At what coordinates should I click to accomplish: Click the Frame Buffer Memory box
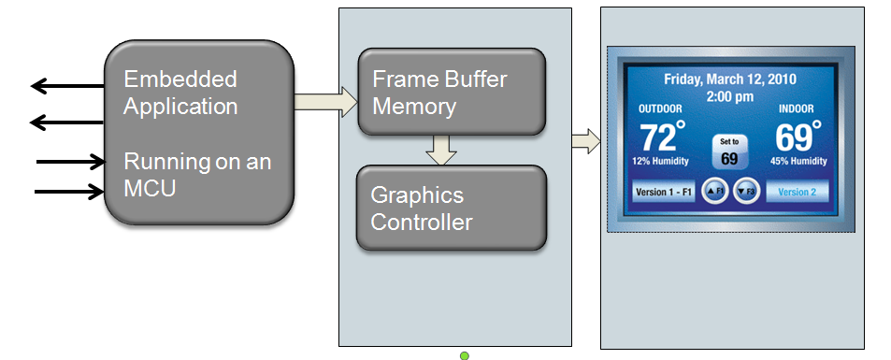pos(451,92)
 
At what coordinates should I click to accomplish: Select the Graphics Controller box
pos(451,208)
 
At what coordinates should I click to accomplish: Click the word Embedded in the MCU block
pos(180,79)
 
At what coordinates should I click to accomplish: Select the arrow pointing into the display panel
pos(585,141)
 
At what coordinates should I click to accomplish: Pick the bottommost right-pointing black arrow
pos(71,193)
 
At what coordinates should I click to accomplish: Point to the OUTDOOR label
pos(660,109)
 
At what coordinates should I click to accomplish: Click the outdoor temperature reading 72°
pos(663,137)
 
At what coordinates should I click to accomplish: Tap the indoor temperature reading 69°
pos(798,137)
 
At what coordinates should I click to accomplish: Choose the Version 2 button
pos(798,192)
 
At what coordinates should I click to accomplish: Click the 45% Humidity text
pos(798,162)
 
